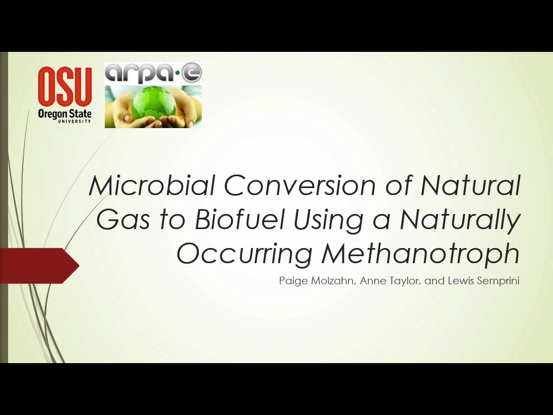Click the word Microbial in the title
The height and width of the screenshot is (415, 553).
[152, 185]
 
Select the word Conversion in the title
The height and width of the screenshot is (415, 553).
[300, 185]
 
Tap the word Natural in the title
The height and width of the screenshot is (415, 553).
[470, 185]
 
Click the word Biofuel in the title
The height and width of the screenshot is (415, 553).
[239, 219]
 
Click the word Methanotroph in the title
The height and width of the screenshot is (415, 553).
[420, 253]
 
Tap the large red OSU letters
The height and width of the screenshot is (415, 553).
[65, 87]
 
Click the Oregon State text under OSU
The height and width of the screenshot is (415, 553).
[65, 114]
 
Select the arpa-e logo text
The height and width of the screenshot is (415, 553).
[153, 73]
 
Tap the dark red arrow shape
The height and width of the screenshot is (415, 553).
[39, 266]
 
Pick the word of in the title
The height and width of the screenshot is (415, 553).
[398, 185]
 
